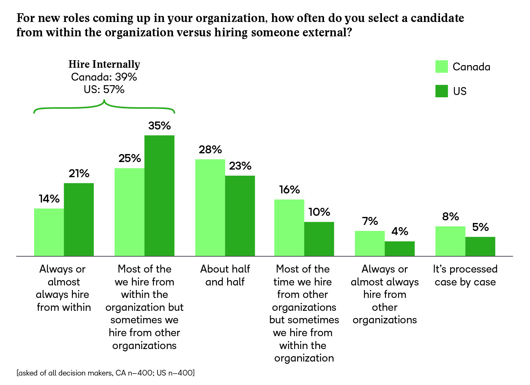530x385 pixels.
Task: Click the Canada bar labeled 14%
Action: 49,232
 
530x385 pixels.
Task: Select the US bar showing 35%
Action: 159,195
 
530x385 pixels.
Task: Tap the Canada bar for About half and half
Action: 210,207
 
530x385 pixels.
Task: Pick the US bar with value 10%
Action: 319,239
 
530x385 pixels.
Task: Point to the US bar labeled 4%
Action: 400,249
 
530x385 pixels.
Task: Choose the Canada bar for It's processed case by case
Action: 450,241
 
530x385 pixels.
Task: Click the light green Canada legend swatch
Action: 441,67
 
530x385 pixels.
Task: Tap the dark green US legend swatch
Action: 441,91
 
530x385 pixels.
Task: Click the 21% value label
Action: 79,174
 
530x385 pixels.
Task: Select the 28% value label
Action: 210,150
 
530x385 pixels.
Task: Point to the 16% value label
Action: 290,190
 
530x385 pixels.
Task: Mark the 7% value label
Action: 370,221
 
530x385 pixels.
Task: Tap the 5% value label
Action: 480,228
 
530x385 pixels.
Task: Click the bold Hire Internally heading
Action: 104,64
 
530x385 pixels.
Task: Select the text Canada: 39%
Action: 104,77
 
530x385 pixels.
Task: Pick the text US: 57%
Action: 104,90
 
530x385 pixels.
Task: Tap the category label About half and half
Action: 225,275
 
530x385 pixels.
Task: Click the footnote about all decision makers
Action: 106,373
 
